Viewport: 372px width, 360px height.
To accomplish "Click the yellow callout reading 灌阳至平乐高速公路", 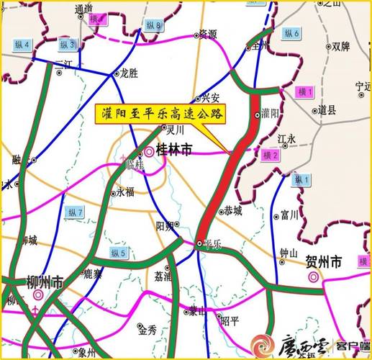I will point(160,112).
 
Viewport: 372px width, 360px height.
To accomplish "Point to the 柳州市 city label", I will point(46,281).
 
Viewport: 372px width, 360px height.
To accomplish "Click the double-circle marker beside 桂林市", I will point(149,152).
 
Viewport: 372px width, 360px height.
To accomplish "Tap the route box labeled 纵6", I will point(291,32).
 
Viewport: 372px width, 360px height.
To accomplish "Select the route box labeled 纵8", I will point(154,26).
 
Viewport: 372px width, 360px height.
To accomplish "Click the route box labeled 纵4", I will point(22,45).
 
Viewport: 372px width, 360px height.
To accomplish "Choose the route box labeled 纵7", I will point(75,212).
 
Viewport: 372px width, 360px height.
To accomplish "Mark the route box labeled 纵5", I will point(118,252).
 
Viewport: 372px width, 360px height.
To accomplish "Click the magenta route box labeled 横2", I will point(271,155).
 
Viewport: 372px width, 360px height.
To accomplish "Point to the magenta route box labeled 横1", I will point(305,92).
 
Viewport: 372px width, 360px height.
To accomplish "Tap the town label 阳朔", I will point(165,225).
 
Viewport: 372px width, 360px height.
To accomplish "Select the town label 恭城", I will point(232,211).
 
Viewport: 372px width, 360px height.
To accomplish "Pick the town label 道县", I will point(328,110).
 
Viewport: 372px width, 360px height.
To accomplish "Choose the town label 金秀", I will point(148,330).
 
